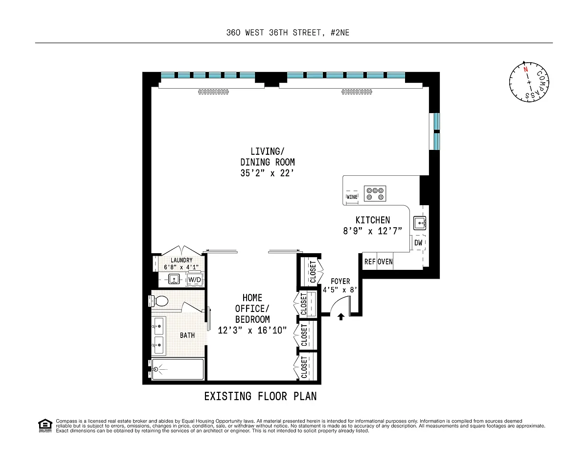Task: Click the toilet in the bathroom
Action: coord(158,301)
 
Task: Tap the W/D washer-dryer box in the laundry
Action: coord(195,280)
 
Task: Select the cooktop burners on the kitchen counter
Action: coord(375,193)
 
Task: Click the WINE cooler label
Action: coord(352,197)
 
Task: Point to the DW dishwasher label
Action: coord(418,243)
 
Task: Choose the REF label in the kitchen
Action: coord(369,262)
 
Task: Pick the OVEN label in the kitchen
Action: coord(385,262)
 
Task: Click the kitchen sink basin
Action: coord(420,223)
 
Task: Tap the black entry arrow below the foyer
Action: coord(341,317)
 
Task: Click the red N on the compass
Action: coord(525,70)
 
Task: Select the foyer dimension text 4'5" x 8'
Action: coord(340,290)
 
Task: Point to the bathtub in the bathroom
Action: coord(178,369)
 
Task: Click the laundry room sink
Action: coord(174,279)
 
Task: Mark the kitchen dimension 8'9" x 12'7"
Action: coord(373,231)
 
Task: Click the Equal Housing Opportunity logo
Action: coord(45,426)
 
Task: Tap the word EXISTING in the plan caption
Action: coord(228,396)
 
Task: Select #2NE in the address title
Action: coord(340,33)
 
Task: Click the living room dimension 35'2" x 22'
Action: coord(267,173)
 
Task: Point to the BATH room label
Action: coord(187,335)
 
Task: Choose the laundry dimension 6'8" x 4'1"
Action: coord(181,267)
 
